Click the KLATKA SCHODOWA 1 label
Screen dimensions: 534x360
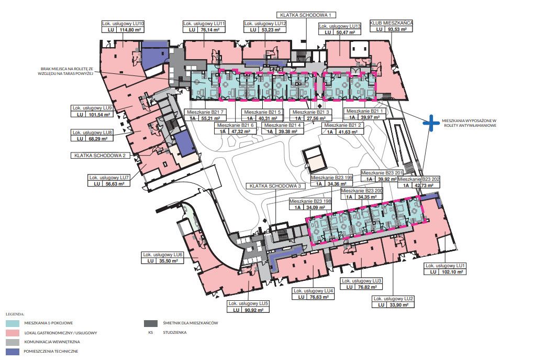point(306,15)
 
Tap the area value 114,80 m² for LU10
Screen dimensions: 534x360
point(130,30)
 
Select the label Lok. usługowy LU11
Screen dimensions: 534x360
point(204,24)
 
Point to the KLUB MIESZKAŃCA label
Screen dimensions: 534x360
point(391,23)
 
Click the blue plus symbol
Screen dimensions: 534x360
point(431,123)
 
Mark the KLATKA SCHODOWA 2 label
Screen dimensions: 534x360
point(100,156)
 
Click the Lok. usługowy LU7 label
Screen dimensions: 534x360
point(109,178)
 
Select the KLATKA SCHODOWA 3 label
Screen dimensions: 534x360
point(275,186)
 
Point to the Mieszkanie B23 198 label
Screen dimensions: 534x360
point(310,201)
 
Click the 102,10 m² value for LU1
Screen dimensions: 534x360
point(450,272)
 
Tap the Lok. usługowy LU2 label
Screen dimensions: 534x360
point(393,299)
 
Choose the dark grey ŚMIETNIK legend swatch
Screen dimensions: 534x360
point(151,323)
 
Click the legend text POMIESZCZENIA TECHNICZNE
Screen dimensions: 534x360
point(51,351)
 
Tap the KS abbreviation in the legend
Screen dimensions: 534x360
point(151,332)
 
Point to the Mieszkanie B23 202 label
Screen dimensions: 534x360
point(418,179)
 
